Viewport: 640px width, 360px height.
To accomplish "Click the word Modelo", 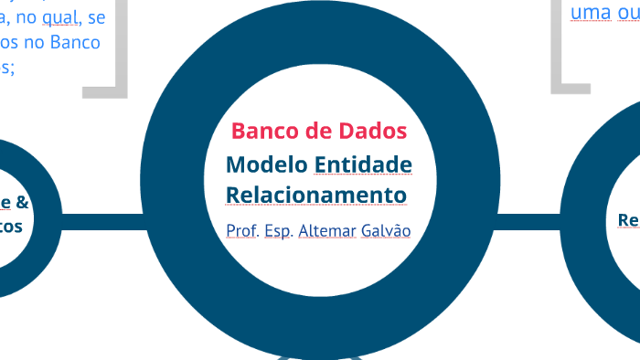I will pos(266,165).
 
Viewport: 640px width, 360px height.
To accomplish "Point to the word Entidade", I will pos(363,165).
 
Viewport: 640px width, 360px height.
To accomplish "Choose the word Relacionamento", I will pos(316,196).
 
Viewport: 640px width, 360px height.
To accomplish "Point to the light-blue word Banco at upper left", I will pos(79,42).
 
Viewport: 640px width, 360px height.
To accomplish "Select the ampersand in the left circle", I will pos(22,202).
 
